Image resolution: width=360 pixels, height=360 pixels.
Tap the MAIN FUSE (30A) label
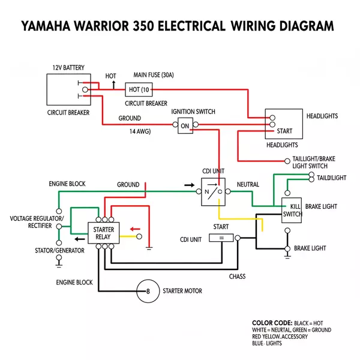point(153,75)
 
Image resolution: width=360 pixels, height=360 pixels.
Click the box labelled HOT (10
point(139,90)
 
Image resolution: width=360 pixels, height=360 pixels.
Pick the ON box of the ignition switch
point(185,125)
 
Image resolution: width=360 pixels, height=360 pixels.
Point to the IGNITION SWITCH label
point(193,112)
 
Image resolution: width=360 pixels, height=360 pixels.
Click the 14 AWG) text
point(140,131)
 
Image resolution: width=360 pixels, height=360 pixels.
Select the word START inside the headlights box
point(284,131)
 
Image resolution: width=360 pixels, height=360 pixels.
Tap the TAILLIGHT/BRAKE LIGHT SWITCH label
point(313,162)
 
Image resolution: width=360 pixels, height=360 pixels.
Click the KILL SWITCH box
point(292,210)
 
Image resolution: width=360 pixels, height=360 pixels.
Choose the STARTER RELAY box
point(104,233)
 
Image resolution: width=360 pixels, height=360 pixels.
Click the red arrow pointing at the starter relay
point(137,228)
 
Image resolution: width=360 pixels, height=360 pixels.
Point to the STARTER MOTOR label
point(182,291)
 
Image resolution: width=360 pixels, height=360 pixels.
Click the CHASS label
point(238,277)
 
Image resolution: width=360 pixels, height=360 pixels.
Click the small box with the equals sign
point(221,238)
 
